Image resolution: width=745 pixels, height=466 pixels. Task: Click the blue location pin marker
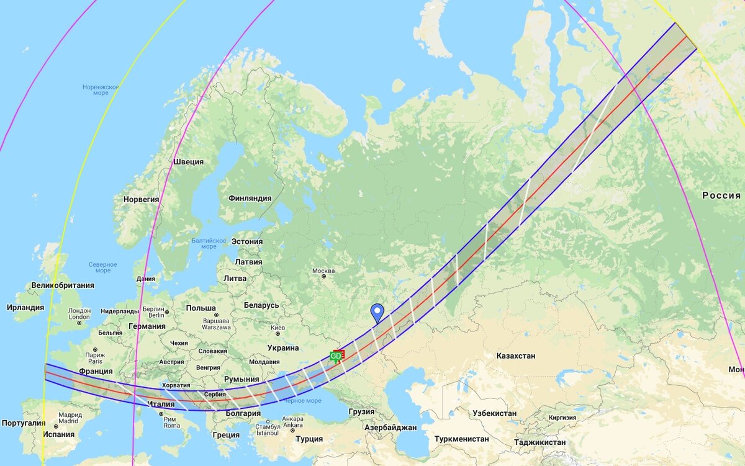coord(377,313)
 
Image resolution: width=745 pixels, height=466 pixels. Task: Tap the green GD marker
coord(336,356)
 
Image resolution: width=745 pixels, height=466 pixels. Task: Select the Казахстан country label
coord(515,356)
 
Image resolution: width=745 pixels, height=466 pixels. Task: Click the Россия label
coord(721,195)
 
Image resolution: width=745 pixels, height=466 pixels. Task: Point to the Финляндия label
coord(250,199)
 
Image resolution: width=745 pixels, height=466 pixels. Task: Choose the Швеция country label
coord(188,162)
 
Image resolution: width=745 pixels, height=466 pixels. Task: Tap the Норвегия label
coord(141,200)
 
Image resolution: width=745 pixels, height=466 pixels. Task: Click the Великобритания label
coord(63,285)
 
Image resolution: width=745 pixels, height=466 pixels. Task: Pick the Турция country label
coord(309,439)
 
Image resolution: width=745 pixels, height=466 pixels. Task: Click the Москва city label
coord(323,271)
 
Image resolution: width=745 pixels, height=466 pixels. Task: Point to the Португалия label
coord(22,423)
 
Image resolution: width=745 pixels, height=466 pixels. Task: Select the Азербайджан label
coord(389,428)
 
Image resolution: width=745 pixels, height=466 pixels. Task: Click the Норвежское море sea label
coord(101,90)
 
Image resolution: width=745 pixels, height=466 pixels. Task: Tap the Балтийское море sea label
coord(209,243)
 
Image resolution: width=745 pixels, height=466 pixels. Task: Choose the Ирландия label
coord(25,307)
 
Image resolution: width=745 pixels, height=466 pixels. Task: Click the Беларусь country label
coord(261,305)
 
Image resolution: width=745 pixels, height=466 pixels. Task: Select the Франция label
coord(96,371)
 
